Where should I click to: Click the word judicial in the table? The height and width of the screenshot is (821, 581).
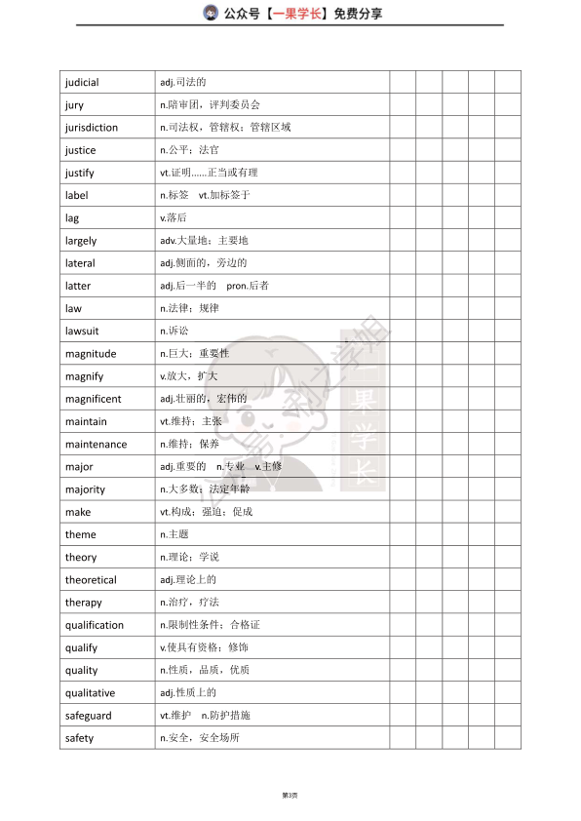tap(82, 82)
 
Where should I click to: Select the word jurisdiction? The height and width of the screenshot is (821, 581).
tap(92, 128)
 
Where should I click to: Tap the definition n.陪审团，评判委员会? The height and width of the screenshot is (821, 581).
tap(210, 104)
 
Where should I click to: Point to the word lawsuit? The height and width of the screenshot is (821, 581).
tap(82, 332)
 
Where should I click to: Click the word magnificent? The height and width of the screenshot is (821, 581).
tap(94, 399)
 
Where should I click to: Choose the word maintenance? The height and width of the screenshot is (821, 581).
tap(96, 445)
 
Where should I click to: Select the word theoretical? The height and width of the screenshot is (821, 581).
tap(91, 580)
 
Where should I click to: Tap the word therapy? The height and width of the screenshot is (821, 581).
tap(84, 603)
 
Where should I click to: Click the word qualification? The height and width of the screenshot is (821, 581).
tap(95, 625)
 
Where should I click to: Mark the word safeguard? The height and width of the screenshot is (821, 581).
tap(89, 716)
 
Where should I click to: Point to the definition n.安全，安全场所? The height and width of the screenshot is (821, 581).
tap(199, 738)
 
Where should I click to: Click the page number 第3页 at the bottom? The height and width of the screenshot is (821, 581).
tap(290, 796)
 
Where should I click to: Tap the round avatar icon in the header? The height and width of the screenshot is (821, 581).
tap(210, 13)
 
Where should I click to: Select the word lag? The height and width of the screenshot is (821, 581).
tap(72, 218)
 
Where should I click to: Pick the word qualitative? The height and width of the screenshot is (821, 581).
tap(90, 693)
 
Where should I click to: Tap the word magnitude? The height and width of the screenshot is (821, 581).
tap(91, 354)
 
